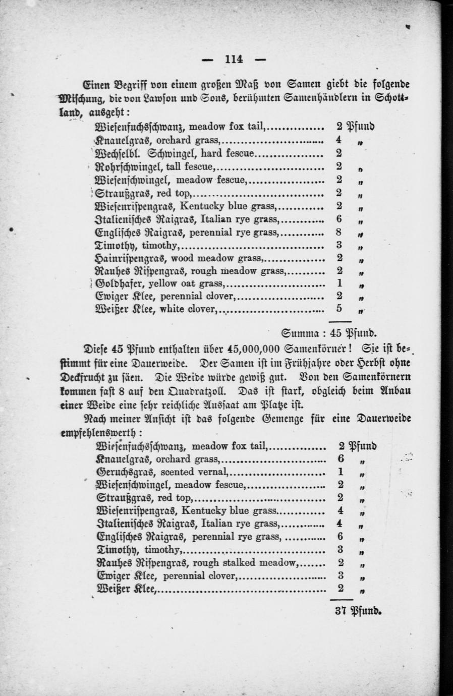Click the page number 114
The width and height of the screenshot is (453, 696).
coord(234,60)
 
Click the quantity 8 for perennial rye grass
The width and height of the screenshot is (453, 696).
coord(339,232)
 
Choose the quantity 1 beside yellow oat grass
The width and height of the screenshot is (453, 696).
coord(339,283)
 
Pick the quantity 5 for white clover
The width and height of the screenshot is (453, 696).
coord(339,308)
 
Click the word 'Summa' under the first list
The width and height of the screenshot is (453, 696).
coord(298,332)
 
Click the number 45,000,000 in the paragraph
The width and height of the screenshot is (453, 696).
coord(254,349)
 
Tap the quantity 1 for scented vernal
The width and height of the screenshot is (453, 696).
coord(341,472)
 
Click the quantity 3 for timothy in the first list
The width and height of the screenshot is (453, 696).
coord(339,245)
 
